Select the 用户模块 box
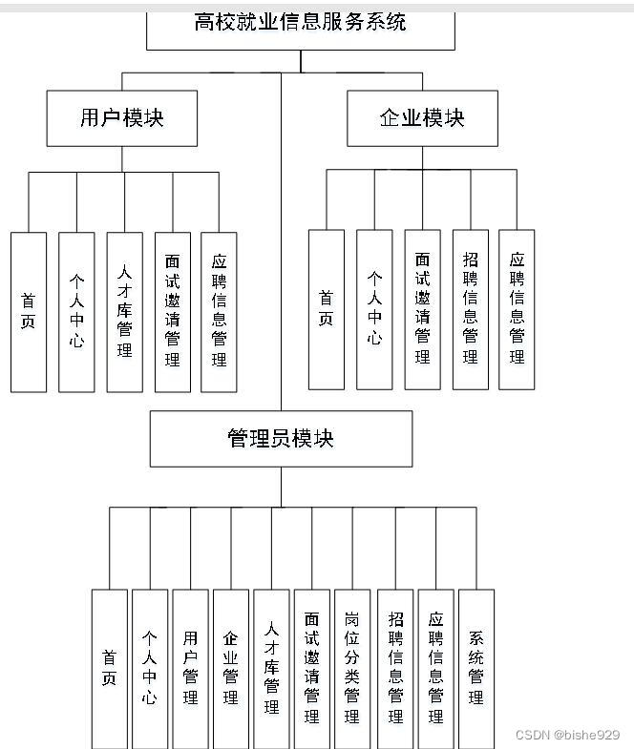click(x=122, y=118)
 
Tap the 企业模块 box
click(x=422, y=118)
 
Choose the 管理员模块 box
click(x=281, y=439)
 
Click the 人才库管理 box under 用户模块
click(x=124, y=312)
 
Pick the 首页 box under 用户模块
click(x=29, y=312)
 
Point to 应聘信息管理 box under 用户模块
click(x=219, y=312)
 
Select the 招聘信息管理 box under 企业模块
click(x=470, y=310)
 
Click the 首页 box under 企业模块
click(x=327, y=310)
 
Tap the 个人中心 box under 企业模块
click(x=374, y=310)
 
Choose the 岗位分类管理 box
click(x=352, y=668)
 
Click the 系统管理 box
click(x=476, y=668)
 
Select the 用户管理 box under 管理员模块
click(x=190, y=668)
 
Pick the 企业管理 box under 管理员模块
click(x=230, y=668)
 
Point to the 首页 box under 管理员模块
click(x=110, y=668)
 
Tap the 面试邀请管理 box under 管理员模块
click(x=311, y=668)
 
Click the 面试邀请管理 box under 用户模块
click(x=173, y=312)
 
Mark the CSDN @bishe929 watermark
click(x=567, y=735)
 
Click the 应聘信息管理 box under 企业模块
click(x=517, y=310)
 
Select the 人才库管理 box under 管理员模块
click(x=271, y=668)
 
